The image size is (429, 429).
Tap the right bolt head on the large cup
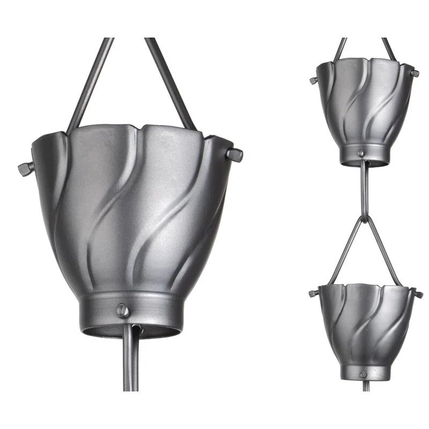(234, 155)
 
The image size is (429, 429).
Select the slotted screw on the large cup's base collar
(122, 309)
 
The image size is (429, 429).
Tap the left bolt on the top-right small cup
(313, 80)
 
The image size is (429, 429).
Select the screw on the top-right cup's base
(361, 154)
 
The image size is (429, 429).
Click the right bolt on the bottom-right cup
(418, 294)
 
